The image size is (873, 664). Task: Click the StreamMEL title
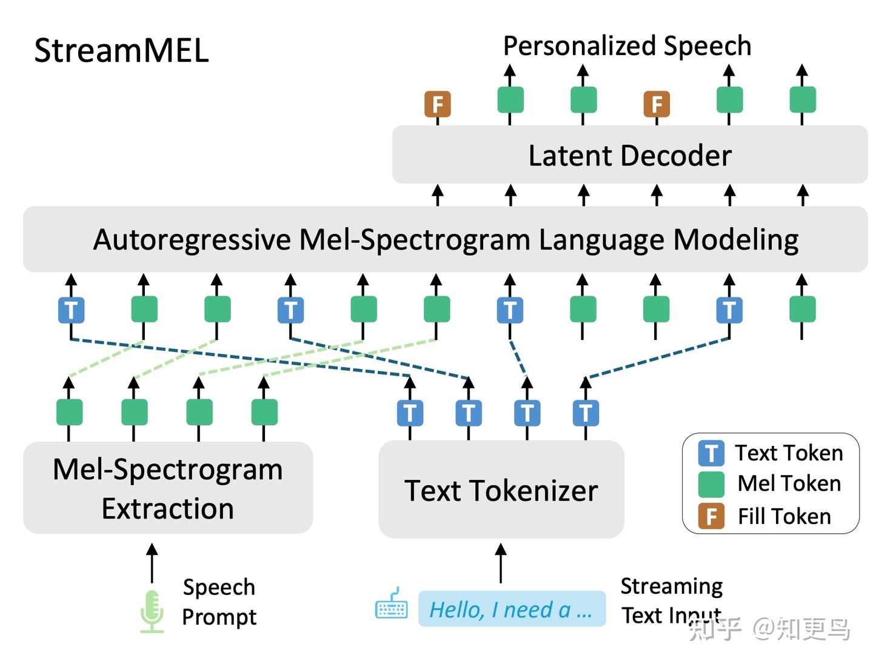pos(121,51)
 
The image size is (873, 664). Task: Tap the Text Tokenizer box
pos(501,490)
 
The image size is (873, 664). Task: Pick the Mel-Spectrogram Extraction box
pos(168,488)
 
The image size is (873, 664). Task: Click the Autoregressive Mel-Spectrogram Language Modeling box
pos(446,240)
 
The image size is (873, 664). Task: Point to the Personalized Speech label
pos(627,46)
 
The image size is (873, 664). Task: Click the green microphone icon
pos(152,611)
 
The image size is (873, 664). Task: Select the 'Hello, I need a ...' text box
pos(512,609)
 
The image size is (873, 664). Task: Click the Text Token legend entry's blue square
pos(711,453)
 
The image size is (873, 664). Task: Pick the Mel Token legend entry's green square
pos(711,485)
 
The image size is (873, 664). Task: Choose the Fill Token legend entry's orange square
pos(711,516)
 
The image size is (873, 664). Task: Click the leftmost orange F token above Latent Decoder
pos(438,104)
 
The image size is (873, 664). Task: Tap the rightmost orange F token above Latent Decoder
pos(657,104)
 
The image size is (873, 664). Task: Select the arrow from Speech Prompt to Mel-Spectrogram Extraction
pos(152,563)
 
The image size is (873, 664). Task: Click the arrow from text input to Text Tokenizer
pos(501,563)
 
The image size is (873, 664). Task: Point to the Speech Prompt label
pos(219,602)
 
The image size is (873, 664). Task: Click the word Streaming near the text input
pos(672,586)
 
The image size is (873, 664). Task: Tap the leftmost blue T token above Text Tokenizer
pos(410,413)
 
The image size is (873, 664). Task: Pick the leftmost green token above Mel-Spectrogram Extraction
pos(69,412)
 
